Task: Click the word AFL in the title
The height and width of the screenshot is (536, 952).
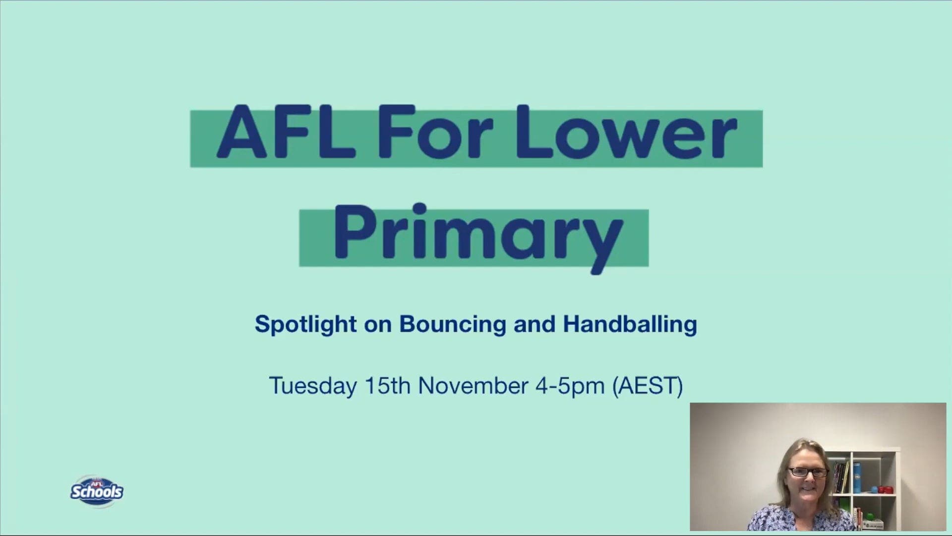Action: [286, 132]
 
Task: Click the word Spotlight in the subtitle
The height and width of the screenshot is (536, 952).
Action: [306, 325]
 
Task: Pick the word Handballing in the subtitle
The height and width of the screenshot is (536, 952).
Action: [630, 324]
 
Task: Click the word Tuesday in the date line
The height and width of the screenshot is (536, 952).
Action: [312, 386]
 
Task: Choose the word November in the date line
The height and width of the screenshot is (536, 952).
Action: [473, 385]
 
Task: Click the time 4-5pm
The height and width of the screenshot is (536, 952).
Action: [570, 386]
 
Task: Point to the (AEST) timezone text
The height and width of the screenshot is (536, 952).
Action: [648, 386]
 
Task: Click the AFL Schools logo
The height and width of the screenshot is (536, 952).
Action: [97, 491]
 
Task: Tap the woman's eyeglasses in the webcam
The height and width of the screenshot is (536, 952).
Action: [808, 472]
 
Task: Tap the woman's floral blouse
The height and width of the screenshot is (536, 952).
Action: [799, 519]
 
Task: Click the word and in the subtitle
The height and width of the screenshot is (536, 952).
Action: [534, 325]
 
